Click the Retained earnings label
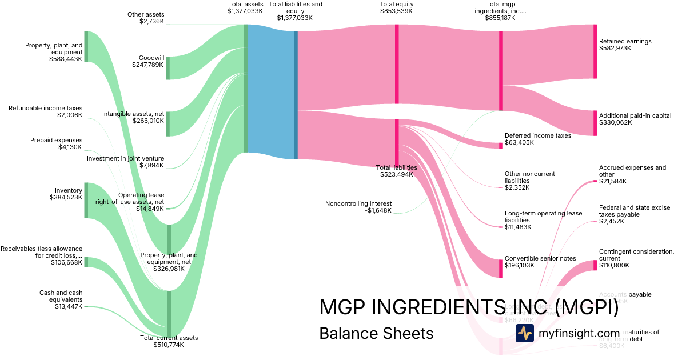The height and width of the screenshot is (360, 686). coord(625,45)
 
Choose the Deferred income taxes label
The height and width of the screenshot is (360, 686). coord(537,139)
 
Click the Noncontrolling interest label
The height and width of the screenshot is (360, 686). coord(358,206)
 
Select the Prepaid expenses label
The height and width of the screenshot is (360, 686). coord(56,143)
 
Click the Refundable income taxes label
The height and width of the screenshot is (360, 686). coord(45,111)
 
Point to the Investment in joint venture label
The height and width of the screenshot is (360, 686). coord(125,162)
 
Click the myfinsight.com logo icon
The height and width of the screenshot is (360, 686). coord(524,333)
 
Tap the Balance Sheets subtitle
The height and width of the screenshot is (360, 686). coord(376,333)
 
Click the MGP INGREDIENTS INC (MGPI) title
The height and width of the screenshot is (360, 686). coord(469,307)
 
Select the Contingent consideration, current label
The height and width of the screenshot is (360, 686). coord(636,258)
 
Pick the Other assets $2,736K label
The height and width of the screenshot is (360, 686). coord(146,18)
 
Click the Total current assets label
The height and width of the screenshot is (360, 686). coord(169,341)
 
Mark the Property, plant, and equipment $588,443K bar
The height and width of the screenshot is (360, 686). coord(86,47)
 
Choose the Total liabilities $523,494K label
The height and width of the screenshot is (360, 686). coord(396,171)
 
